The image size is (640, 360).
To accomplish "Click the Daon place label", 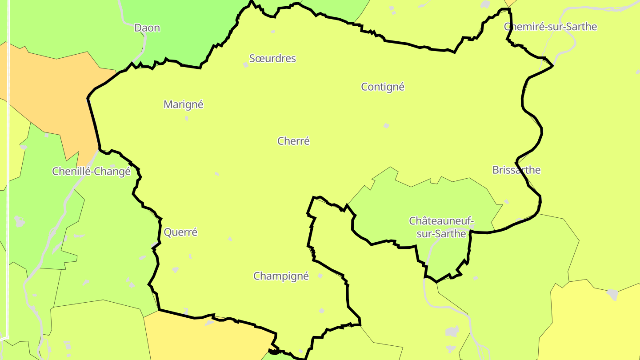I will [x=147, y=28].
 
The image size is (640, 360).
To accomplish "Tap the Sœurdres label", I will [x=272, y=58].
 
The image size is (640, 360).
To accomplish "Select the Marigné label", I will [x=184, y=104].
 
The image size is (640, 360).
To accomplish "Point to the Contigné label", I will [x=383, y=87].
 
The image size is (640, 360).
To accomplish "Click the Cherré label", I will [x=293, y=141].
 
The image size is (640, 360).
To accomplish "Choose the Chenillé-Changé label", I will [x=92, y=171].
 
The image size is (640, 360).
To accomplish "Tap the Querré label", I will [x=180, y=232].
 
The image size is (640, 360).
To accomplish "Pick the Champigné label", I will [x=281, y=276].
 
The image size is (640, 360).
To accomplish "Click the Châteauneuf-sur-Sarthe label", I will [x=441, y=227].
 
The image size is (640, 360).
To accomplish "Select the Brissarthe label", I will [x=516, y=170].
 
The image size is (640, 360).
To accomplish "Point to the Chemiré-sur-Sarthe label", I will [x=550, y=27].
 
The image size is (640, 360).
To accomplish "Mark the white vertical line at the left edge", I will [x=8, y=178].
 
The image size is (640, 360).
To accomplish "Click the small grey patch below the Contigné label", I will [x=386, y=126].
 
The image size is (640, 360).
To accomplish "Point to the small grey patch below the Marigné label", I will [x=186, y=119].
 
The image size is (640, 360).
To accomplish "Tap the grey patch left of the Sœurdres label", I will [x=246, y=65].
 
